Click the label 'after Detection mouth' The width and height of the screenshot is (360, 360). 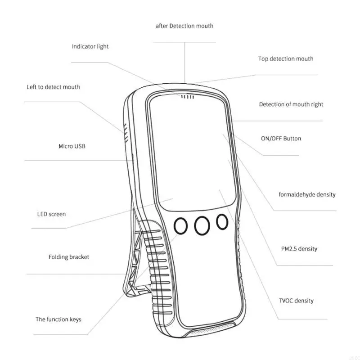pyautogui.click(x=184, y=26)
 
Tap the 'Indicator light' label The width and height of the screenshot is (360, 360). pyautogui.click(x=90, y=46)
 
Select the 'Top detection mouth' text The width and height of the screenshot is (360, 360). pyautogui.click(x=286, y=59)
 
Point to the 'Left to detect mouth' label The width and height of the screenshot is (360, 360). pyautogui.click(x=53, y=87)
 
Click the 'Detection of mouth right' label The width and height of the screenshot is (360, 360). pyautogui.click(x=291, y=104)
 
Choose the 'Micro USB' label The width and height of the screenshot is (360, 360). pyautogui.click(x=72, y=146)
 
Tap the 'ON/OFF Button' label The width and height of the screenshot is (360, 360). pyautogui.click(x=281, y=139)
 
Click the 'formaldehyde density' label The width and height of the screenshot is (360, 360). pyautogui.click(x=307, y=195)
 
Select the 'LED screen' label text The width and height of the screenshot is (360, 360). pyautogui.click(x=51, y=214)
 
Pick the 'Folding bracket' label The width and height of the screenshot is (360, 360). pyautogui.click(x=69, y=257)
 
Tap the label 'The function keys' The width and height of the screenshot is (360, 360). pyautogui.click(x=58, y=319)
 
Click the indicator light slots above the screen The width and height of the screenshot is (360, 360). pyautogui.click(x=188, y=96)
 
